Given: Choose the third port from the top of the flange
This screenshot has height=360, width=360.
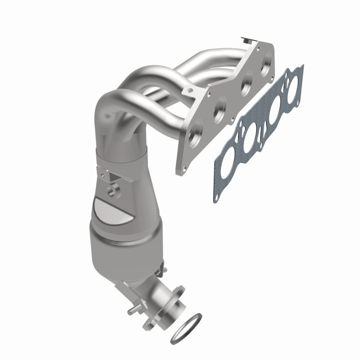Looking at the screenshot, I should coord(220,108).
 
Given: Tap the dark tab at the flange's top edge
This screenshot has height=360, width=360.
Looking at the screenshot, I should coord(247,40).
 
